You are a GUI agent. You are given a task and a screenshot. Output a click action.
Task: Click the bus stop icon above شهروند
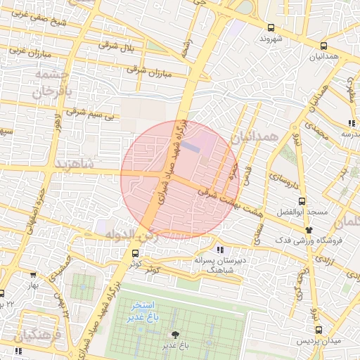271,28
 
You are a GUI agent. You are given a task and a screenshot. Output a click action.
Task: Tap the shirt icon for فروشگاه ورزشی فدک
308,230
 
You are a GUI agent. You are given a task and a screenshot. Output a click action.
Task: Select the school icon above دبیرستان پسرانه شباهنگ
221,250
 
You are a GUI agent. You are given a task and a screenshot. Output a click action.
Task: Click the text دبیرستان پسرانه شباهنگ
212,264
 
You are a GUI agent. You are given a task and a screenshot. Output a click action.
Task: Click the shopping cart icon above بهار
34,276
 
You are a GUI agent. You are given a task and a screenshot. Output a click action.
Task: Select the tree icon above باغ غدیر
174,335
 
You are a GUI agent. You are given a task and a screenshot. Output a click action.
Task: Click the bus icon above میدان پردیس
319,329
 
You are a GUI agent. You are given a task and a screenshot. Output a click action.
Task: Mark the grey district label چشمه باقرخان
52,83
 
